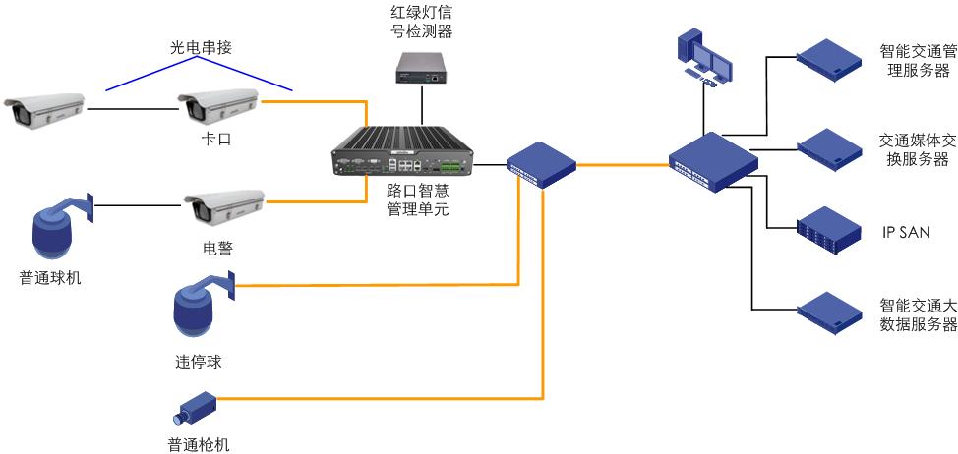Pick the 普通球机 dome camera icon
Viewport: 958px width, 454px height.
coord(57,230)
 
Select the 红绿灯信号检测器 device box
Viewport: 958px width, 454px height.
coord(422,66)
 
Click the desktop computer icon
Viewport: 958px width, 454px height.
coord(707,56)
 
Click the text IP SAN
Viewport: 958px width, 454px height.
coord(906,232)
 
